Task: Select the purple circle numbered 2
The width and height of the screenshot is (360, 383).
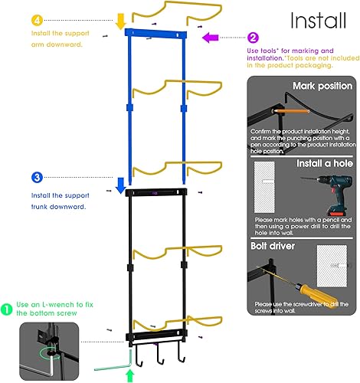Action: (x=254, y=36)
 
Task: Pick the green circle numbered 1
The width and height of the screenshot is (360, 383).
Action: (x=7, y=309)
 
